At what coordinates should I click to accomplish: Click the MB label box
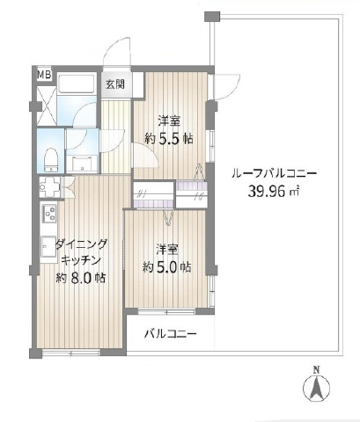44,75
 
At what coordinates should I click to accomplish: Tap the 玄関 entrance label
115,84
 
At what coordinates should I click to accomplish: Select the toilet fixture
50,161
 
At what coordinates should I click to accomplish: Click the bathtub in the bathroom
77,84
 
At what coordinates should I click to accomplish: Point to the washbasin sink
82,164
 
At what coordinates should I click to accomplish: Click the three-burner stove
49,213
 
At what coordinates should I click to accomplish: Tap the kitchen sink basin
48,246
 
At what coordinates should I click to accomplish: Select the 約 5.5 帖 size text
169,138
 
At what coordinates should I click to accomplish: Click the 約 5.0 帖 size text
167,267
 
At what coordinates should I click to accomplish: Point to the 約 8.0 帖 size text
81,278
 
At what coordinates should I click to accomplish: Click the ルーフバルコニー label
274,174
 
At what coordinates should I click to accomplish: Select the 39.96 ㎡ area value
274,192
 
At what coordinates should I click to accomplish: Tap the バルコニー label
171,334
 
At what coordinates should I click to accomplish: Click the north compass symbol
316,388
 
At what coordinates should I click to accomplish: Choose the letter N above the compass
316,370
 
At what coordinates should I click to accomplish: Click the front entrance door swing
117,53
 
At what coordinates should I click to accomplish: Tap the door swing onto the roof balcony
226,87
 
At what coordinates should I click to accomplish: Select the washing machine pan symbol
49,186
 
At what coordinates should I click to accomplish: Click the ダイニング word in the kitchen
81,244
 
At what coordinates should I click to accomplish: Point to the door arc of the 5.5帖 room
146,155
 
